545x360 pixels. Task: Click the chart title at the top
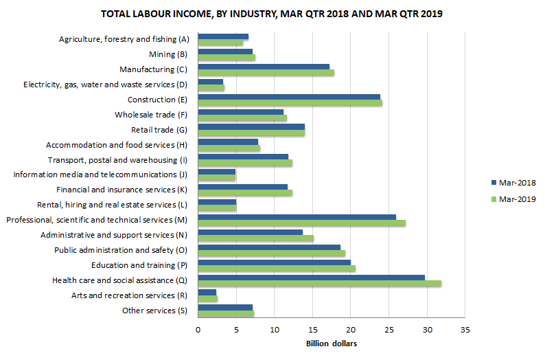pos(272,14)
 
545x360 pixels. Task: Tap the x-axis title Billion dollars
pos(332,343)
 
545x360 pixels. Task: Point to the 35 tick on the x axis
pos(465,330)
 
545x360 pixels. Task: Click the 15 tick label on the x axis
pos(312,330)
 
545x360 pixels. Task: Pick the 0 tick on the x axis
pos(198,330)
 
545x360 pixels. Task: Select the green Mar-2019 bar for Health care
pos(319,283)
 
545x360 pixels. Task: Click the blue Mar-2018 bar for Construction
pos(289,97)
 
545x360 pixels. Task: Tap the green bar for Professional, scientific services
pos(301,223)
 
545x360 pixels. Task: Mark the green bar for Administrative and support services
pos(255,238)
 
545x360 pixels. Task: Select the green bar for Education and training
pos(277,268)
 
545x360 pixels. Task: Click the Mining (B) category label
pos(167,54)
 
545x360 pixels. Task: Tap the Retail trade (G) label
pos(159,130)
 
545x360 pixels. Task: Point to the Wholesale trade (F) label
pos(153,115)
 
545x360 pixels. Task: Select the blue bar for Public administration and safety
pos(269,247)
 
